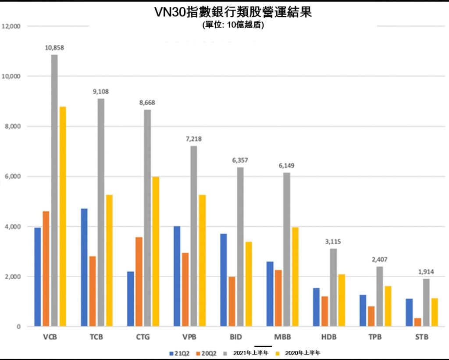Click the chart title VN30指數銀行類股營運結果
tap(233, 12)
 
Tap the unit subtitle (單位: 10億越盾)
tap(233, 25)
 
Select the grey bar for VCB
tap(54, 191)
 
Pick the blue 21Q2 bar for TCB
tap(84, 267)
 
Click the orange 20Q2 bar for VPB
tap(185, 290)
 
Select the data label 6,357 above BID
tap(240, 160)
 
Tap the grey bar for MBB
tap(286, 250)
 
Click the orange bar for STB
tap(417, 322)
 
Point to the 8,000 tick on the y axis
tap(12, 126)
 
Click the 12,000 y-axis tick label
tap(11, 26)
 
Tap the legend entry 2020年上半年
tap(303, 353)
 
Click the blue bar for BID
tap(224, 280)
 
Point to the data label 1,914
tap(425, 272)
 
